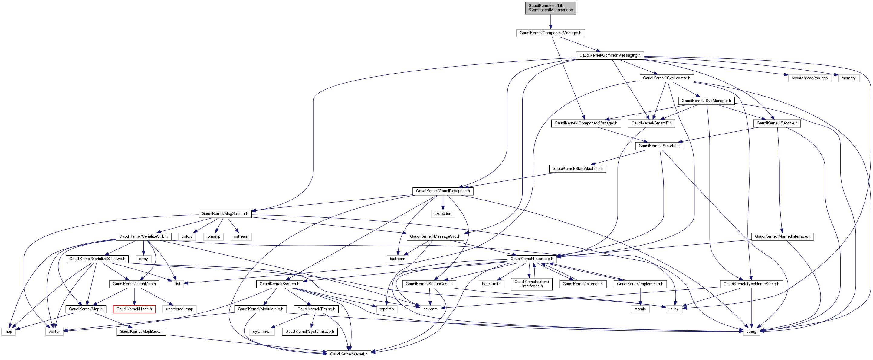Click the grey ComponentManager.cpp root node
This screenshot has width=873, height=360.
point(550,8)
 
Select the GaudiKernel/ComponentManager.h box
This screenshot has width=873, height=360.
point(550,33)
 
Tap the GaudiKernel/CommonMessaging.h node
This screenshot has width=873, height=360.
point(610,55)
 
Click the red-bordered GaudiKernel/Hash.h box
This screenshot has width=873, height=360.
point(134,309)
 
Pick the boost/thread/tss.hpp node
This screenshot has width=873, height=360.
point(809,78)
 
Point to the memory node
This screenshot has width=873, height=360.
point(848,78)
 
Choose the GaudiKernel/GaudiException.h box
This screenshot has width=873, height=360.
point(443,191)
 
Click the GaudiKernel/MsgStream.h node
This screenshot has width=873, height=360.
point(225,213)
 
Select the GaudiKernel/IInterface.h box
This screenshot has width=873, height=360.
point(531,259)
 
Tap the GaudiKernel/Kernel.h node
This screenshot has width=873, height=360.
point(348,354)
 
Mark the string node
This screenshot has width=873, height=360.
point(751,331)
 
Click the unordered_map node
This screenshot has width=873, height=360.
point(179,309)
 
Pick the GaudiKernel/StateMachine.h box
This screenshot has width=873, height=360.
point(577,168)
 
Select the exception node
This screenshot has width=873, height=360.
point(443,213)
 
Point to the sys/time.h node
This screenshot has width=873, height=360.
point(262,331)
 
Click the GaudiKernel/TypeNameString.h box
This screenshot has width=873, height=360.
point(751,284)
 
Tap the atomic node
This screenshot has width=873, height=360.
point(640,309)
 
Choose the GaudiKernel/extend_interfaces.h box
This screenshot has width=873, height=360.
point(531,284)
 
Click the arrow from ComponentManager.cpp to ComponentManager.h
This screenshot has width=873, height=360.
point(550,22)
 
